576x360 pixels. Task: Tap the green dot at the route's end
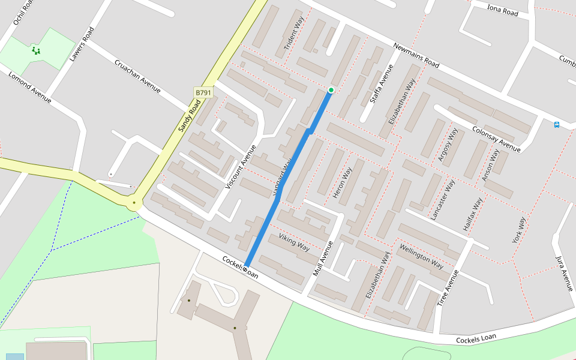point(331,90)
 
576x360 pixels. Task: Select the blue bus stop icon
point(557,125)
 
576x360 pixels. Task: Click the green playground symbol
point(36,51)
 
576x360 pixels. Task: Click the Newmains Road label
point(416,55)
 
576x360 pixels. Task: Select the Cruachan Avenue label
point(137,76)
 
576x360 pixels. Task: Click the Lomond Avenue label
point(29,87)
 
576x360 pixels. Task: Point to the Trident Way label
point(295,33)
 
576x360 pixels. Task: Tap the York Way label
point(519,230)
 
